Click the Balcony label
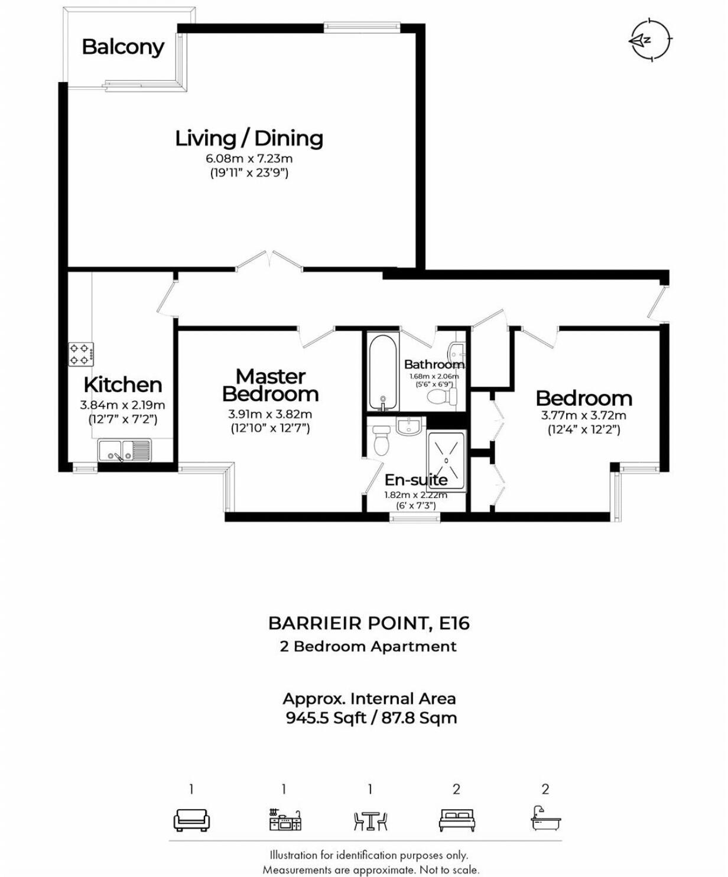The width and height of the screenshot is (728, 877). [123, 47]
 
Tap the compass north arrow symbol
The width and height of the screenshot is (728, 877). [650, 40]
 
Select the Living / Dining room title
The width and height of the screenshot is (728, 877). [249, 138]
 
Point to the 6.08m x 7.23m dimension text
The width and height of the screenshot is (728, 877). [249, 158]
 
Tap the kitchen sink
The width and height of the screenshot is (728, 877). [124, 451]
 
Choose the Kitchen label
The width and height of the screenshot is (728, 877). [123, 384]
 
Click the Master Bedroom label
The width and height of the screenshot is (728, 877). [270, 384]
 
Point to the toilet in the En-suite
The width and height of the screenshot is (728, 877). [381, 439]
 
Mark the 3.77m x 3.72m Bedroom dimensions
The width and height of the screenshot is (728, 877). [583, 415]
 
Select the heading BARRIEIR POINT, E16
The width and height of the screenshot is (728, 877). [369, 623]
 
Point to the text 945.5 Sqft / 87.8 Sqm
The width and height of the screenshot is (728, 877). [371, 718]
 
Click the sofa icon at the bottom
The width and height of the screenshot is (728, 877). [191, 820]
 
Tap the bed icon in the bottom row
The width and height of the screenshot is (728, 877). [457, 820]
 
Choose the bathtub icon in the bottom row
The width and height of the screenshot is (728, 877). [545, 819]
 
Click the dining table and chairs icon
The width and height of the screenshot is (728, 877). [370, 820]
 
